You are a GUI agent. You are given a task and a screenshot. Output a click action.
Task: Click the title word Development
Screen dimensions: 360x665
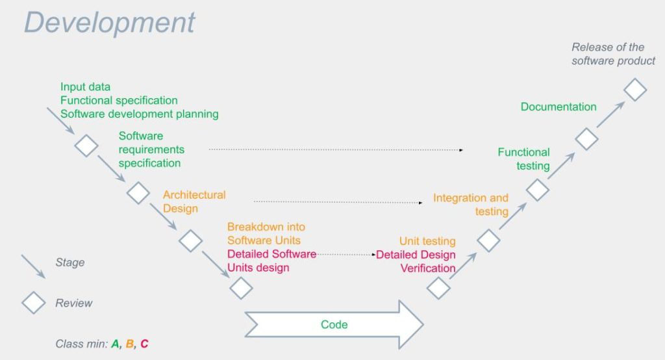[x=109, y=23]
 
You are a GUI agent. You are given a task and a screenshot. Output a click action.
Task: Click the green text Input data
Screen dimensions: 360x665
[x=85, y=87]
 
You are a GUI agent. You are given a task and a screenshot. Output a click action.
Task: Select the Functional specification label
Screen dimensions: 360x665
[x=119, y=101]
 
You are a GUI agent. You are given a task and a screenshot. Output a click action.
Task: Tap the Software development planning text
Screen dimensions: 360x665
[x=139, y=114]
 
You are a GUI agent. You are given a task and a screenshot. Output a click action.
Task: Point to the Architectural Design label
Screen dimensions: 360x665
[x=194, y=201]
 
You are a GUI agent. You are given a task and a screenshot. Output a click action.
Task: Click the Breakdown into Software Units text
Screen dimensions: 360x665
[x=266, y=233]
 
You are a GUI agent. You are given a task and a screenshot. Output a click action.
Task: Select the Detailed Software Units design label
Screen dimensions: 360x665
[x=271, y=261]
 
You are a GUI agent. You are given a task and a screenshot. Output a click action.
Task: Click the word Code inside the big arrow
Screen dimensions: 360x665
[x=334, y=324]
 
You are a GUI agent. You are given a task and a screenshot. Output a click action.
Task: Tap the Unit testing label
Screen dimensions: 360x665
[x=427, y=242]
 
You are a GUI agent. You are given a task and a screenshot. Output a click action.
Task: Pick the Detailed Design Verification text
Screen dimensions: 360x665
[x=416, y=261]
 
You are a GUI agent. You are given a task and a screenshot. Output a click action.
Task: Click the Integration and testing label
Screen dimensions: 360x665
[x=471, y=204]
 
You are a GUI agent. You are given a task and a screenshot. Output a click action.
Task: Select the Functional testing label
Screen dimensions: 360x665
[x=524, y=159]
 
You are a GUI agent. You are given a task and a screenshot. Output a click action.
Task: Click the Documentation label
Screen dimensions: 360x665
[x=558, y=107]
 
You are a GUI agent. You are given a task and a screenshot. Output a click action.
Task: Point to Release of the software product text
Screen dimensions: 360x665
[x=612, y=54]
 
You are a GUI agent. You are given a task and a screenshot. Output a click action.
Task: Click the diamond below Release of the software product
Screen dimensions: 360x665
[x=634, y=89]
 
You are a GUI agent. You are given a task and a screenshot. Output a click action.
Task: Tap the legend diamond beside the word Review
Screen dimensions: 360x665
[x=33, y=303]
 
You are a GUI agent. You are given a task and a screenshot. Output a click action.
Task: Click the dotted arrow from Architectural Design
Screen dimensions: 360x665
[x=338, y=202]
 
